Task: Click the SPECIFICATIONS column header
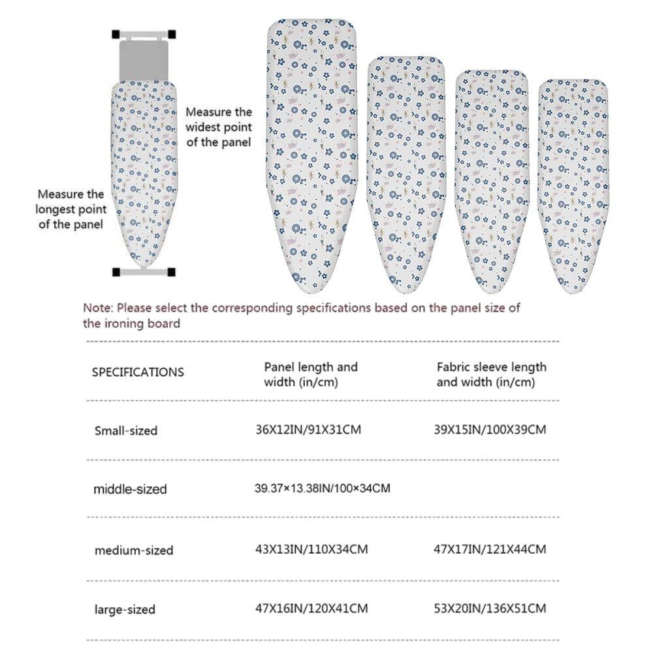(x=138, y=372)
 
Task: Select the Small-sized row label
(x=126, y=431)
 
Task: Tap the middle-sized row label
(x=130, y=489)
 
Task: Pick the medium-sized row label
(x=134, y=550)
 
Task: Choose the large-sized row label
(x=125, y=610)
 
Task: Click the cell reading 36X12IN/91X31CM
(x=308, y=430)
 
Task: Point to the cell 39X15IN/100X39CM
(x=490, y=430)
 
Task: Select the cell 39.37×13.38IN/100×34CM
(x=322, y=488)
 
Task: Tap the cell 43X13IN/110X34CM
(x=311, y=549)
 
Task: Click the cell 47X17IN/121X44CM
(x=490, y=549)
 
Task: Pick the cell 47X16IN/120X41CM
(x=311, y=609)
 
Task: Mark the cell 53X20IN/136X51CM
(x=490, y=609)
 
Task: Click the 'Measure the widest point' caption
(x=219, y=127)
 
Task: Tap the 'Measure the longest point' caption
(x=71, y=209)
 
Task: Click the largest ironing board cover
(x=312, y=157)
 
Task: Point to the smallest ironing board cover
(x=573, y=183)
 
